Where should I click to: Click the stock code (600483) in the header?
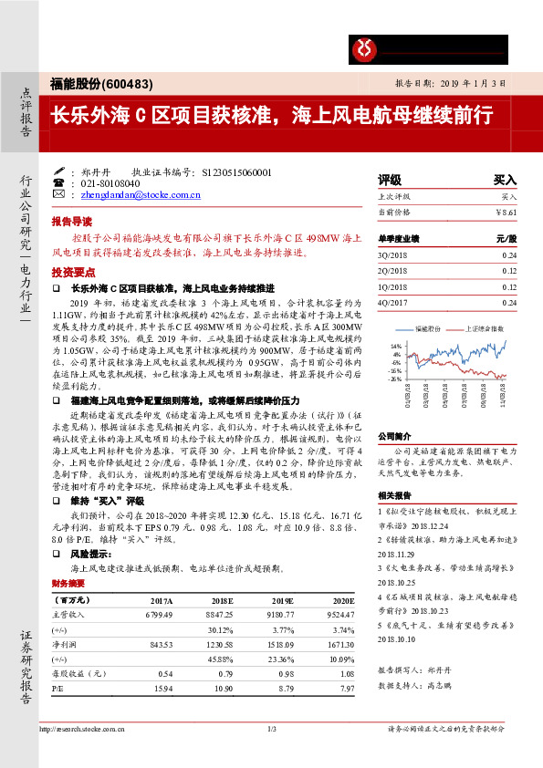pos(120,83)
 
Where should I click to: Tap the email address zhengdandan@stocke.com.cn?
pos(141,194)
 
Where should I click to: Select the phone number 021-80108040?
pos(115,182)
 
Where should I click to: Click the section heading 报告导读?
pos(71,222)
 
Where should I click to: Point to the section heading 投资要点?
pos(71,273)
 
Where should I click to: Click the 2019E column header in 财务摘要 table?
pos(282,600)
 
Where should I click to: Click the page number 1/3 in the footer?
pos(271,728)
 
